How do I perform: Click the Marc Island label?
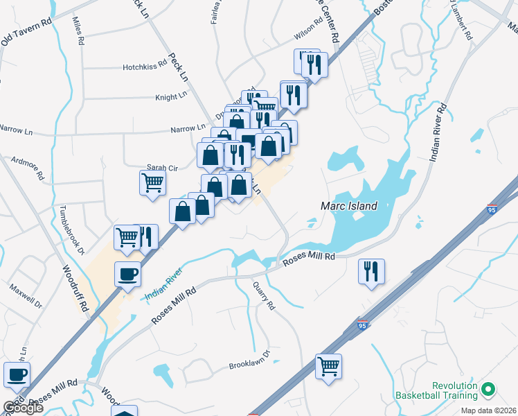point(349,206)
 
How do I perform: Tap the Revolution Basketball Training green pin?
point(489,390)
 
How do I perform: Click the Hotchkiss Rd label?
point(145,63)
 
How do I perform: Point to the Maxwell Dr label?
point(26,295)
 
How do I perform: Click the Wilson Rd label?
point(308,31)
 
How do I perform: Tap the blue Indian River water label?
point(163,284)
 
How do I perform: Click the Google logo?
point(23,408)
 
